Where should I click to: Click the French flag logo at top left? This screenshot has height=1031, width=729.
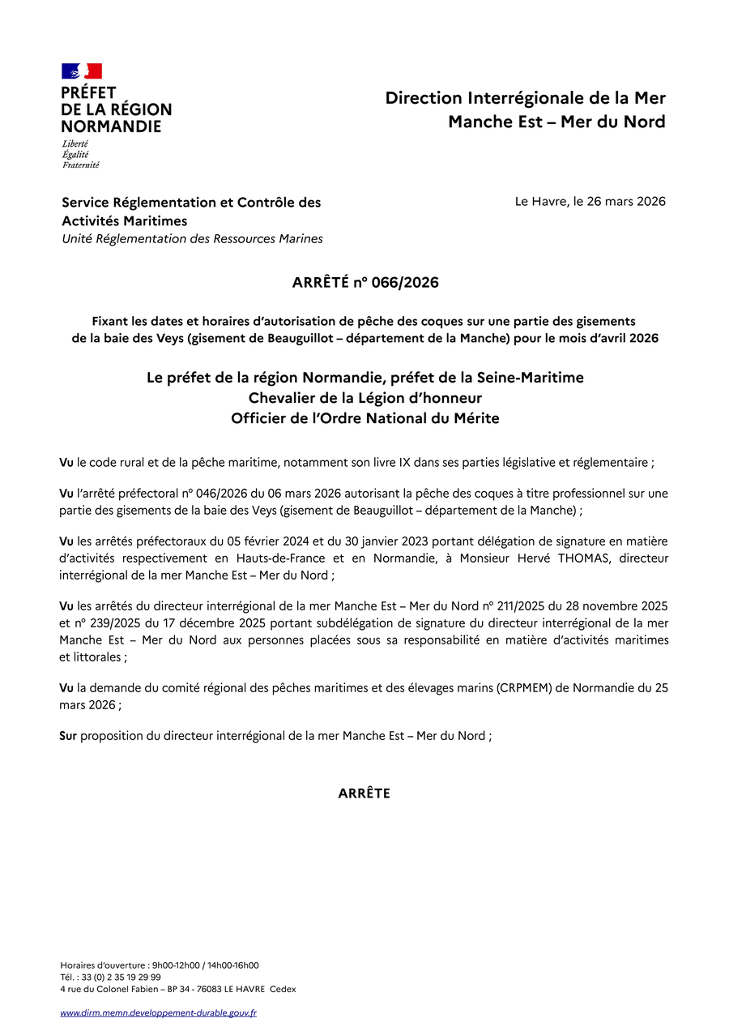(82, 71)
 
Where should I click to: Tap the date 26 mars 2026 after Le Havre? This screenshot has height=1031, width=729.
(630, 201)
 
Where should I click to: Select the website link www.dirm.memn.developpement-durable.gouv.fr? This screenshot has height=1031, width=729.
(158, 1012)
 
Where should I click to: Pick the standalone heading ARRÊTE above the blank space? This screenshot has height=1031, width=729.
(364, 794)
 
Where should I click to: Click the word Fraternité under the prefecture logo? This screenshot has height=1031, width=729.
(81, 165)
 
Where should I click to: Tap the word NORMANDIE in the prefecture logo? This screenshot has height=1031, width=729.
(111, 126)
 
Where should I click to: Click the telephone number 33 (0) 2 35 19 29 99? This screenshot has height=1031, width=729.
(123, 977)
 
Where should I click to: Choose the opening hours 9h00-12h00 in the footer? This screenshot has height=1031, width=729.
(180, 965)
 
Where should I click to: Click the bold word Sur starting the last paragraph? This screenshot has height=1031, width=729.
(68, 736)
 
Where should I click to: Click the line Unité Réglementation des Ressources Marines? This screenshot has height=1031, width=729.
(193, 239)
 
